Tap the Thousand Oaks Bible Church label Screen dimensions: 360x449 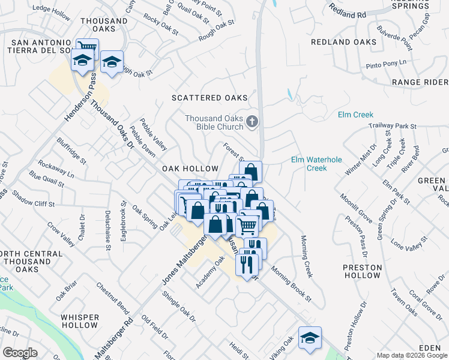tap(214, 122)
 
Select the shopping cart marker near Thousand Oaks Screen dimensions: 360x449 tap(88, 47)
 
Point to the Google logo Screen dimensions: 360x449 tap(20, 353)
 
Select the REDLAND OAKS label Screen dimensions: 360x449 tap(344, 42)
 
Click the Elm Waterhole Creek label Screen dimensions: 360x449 tap(309, 164)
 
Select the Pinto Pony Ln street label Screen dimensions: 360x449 tap(386, 62)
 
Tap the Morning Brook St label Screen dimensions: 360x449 tap(292, 283)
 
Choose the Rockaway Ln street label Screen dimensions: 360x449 tap(56, 169)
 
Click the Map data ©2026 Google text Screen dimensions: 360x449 tap(411, 355)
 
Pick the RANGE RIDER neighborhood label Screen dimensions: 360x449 tap(420, 82)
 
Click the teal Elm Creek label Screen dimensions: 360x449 tap(355, 115)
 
